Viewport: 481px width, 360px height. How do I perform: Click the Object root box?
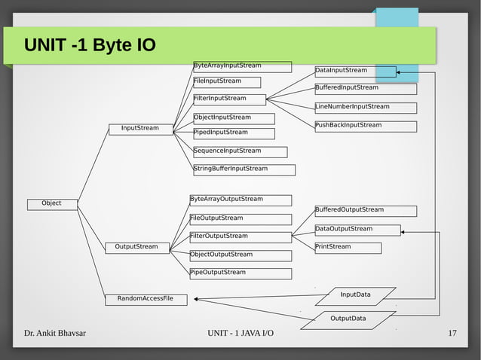pos(51,203)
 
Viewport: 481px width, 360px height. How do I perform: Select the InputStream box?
pos(141,129)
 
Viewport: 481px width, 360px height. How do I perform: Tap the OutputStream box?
pos(137,247)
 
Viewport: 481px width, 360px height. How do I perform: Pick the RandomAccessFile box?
pos(146,299)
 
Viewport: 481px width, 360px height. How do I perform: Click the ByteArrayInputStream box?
pos(242,66)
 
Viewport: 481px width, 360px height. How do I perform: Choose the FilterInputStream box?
pos(229,99)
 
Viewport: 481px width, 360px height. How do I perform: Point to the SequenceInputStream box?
pos(240,151)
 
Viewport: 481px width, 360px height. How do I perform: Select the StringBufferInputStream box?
pos(244,169)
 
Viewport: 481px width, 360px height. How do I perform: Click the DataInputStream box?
pos(354,72)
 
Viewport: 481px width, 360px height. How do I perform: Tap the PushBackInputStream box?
pos(365,126)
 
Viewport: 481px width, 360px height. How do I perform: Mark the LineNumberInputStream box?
pos(365,108)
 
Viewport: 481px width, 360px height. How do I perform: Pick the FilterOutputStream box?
pos(240,237)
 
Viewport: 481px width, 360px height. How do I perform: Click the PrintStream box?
pos(347,247)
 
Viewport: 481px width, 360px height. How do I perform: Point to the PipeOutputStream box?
pos(240,273)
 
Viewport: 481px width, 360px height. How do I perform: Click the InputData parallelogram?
pos(355,294)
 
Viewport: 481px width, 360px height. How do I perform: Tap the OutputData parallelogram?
pos(348,319)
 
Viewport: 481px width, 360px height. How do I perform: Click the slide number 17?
pos(452,334)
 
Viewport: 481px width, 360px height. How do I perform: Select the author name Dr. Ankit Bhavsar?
pos(54,334)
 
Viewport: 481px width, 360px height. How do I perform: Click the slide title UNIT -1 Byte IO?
pos(90,46)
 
